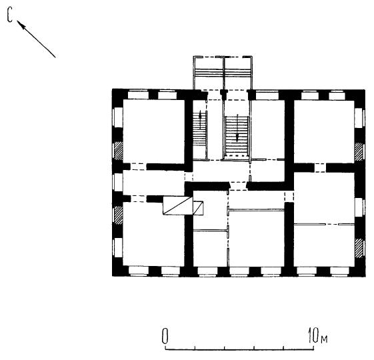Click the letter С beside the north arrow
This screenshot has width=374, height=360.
(10, 15)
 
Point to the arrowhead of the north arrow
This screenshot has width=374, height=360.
(21, 25)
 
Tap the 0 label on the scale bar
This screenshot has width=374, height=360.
(165, 336)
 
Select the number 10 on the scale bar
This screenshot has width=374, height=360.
(313, 335)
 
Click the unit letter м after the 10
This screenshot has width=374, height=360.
(324, 339)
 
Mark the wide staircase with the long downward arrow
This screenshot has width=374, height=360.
(237, 136)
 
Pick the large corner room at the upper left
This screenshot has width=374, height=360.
(153, 131)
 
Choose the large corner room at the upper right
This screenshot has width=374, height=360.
(324, 131)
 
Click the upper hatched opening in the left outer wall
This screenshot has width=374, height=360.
(118, 151)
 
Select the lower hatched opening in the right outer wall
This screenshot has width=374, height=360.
(359, 248)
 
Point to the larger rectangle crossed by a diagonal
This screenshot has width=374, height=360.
(177, 205)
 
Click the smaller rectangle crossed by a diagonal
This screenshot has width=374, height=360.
(198, 208)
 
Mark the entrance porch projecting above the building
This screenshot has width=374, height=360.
(223, 73)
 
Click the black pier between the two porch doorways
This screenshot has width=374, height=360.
(223, 94)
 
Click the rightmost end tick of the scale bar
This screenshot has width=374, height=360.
(313, 347)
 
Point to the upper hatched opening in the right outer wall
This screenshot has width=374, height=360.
(359, 152)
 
